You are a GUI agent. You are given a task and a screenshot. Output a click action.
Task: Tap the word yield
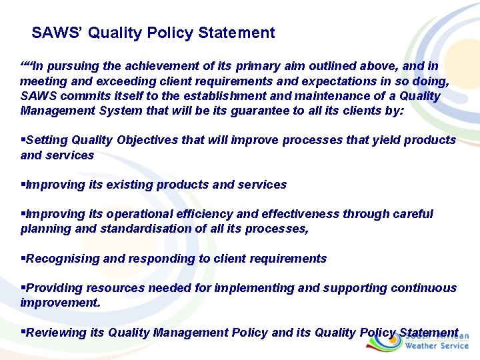[x=382, y=141]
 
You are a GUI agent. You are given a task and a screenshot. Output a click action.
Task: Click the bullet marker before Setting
[x=23, y=141]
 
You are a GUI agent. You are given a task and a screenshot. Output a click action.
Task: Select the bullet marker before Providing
[x=23, y=288]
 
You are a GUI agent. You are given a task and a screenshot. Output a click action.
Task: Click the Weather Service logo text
[x=437, y=346]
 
